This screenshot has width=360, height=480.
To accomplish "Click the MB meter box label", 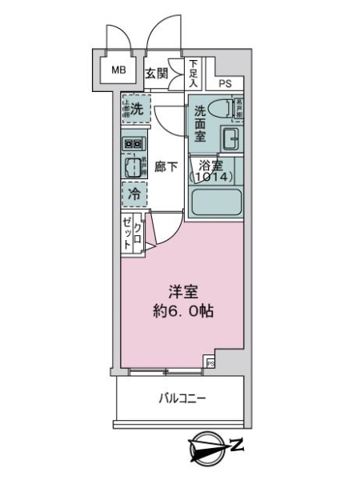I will tap(118, 70).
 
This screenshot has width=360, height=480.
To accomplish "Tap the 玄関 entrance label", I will tap(157, 74).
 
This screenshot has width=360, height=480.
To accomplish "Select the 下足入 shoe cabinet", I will tap(193, 73).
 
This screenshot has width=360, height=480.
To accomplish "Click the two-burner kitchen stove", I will tap(133, 145).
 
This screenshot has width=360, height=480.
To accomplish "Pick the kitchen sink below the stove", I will tap(132, 166).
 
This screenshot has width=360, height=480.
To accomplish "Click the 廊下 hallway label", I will tap(166, 167).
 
